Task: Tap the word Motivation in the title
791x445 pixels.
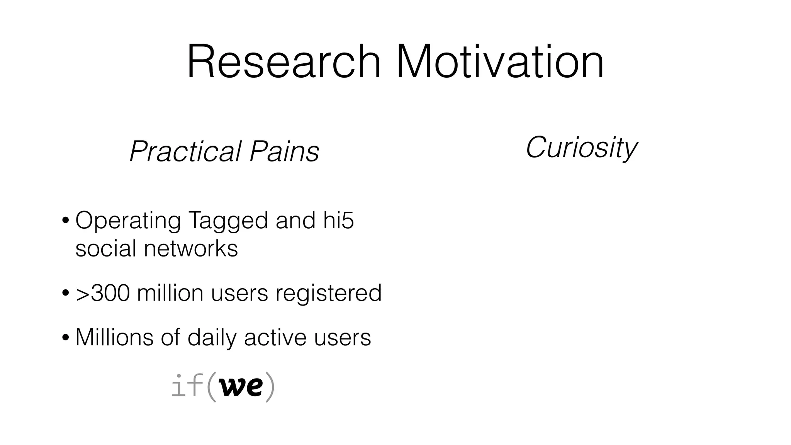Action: click(x=500, y=62)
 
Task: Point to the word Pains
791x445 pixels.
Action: click(x=284, y=151)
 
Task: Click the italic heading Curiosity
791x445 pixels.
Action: click(x=581, y=148)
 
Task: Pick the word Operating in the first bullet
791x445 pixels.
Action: click(x=128, y=221)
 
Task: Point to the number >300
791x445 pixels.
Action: click(x=102, y=293)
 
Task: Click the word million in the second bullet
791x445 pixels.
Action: click(x=170, y=293)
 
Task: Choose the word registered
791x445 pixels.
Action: click(x=328, y=294)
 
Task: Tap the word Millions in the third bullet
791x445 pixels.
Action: click(x=114, y=337)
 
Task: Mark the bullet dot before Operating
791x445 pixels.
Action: click(x=66, y=221)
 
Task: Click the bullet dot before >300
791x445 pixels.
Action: click(x=66, y=293)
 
